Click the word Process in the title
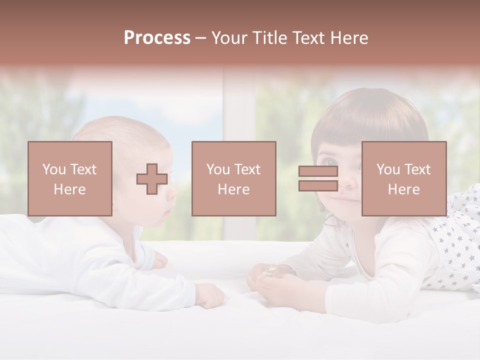(x=157, y=38)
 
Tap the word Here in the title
(x=349, y=38)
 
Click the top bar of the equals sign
(x=318, y=171)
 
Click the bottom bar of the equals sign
(x=318, y=186)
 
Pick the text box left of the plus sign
(x=70, y=178)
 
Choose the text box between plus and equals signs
(x=233, y=178)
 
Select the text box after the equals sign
(x=403, y=178)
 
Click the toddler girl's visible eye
(x=329, y=162)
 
